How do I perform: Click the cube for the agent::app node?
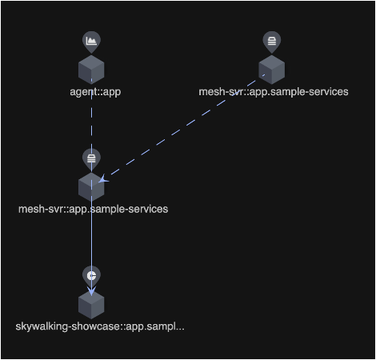pos(91,70)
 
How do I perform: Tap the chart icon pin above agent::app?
pos(91,42)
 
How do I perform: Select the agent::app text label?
pos(95,92)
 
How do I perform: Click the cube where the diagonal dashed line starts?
pos(272,70)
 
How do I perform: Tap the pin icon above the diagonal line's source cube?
pos(272,42)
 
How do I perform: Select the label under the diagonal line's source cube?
pos(274,92)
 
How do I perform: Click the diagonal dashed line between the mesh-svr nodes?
pos(182,128)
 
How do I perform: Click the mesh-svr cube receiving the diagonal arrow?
pos(91,187)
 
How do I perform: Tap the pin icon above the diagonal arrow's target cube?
pos(91,159)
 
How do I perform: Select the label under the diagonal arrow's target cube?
pos(93,209)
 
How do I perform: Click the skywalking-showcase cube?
pos(91,305)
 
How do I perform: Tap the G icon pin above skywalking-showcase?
pos(91,276)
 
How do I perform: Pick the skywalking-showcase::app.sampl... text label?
pos(100,326)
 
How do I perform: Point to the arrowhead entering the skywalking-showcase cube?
pos(91,291)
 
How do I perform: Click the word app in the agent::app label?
pos(112,92)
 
